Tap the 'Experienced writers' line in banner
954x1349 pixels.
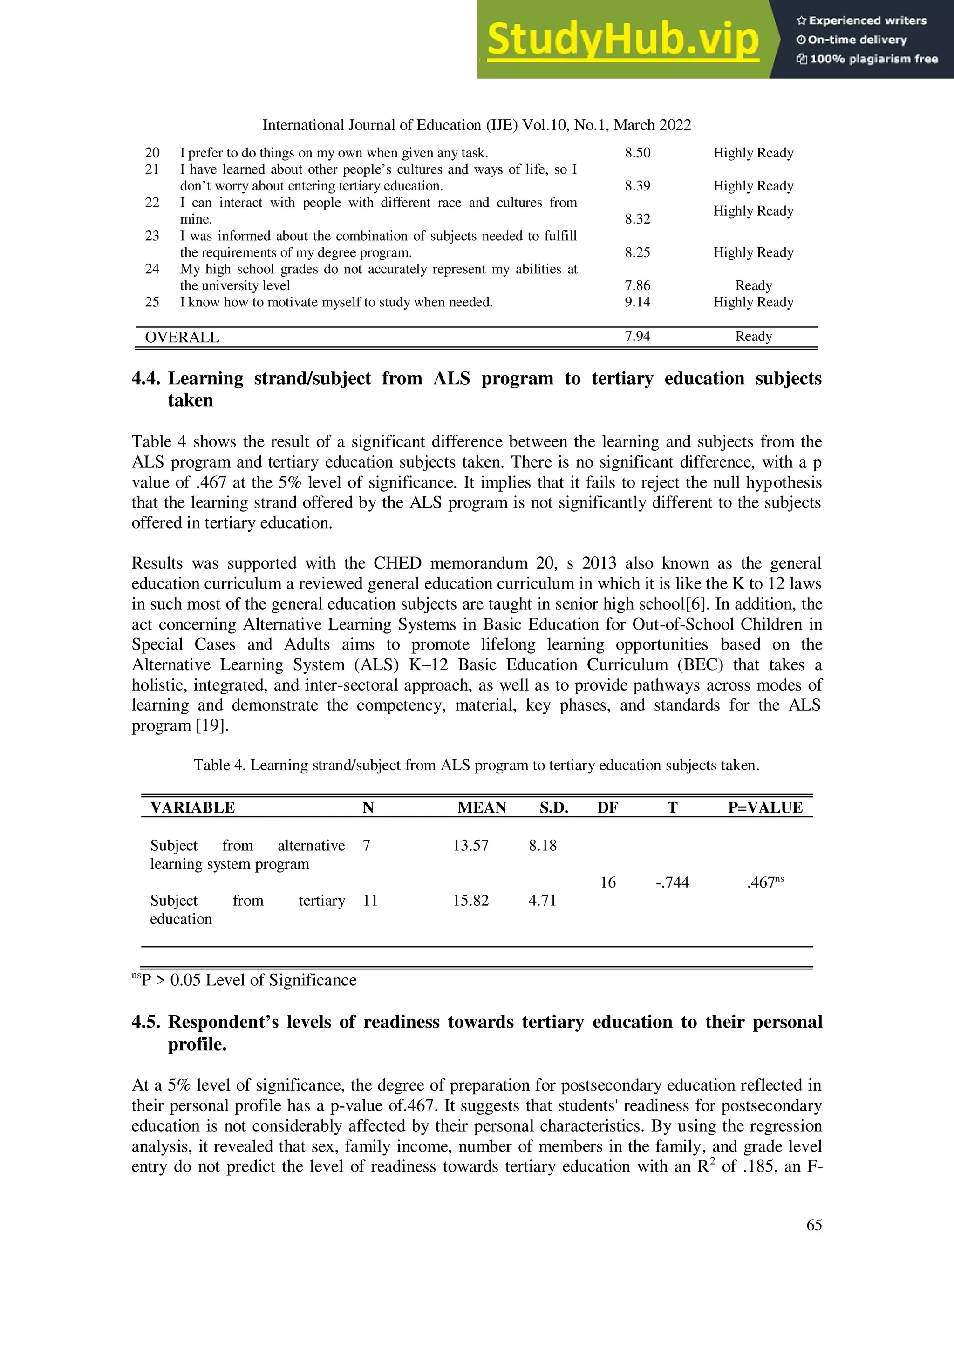tap(862, 20)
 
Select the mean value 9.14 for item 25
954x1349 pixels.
tap(637, 302)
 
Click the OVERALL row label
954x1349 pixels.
tap(182, 337)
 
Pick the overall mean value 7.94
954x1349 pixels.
tap(637, 337)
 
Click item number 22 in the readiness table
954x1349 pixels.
tap(152, 203)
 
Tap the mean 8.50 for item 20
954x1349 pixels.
tap(637, 153)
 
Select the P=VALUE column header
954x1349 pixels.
tap(765, 808)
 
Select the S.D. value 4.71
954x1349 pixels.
tap(542, 901)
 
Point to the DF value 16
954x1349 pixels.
tap(608, 882)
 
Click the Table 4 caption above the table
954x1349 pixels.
tap(476, 766)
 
